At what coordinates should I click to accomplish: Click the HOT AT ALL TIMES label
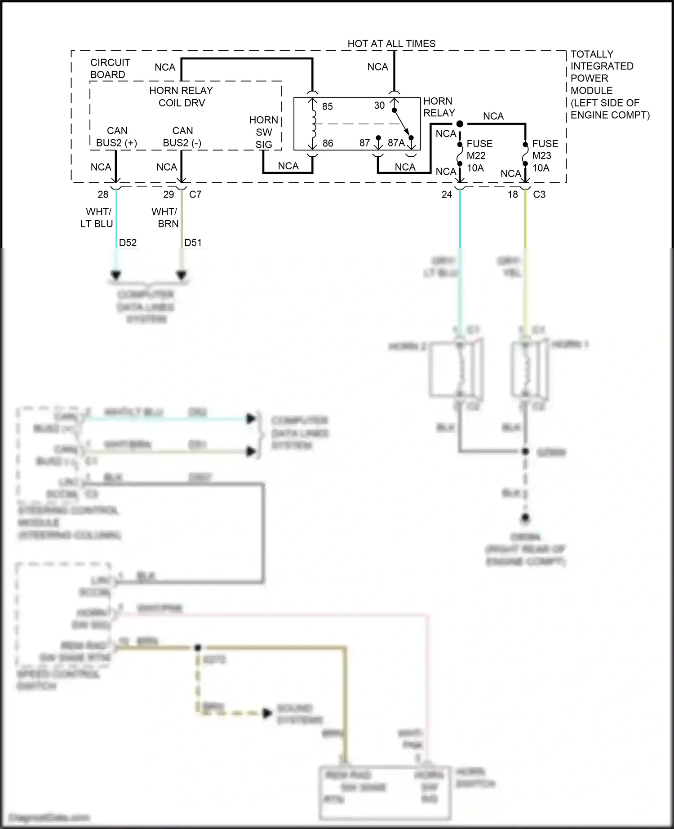391,44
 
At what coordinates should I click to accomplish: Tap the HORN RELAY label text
439,107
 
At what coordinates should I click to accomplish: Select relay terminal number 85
328,106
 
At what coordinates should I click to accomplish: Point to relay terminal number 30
379,106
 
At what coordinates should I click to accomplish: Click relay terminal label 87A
396,143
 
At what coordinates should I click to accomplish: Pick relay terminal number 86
328,143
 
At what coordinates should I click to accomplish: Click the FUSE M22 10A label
479,156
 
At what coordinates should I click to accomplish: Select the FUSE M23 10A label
545,156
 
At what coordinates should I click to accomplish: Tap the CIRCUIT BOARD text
110,68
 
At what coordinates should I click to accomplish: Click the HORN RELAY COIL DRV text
181,97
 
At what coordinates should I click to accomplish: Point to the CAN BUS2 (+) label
116,137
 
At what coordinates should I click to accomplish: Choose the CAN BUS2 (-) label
182,137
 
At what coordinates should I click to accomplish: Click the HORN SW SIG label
264,132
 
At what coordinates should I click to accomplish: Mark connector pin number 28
103,194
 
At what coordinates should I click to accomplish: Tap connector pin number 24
447,194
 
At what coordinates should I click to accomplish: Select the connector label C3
539,194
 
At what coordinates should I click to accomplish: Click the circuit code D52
128,243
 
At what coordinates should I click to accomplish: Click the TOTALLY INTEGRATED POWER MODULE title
609,84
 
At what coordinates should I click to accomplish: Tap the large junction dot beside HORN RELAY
460,123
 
